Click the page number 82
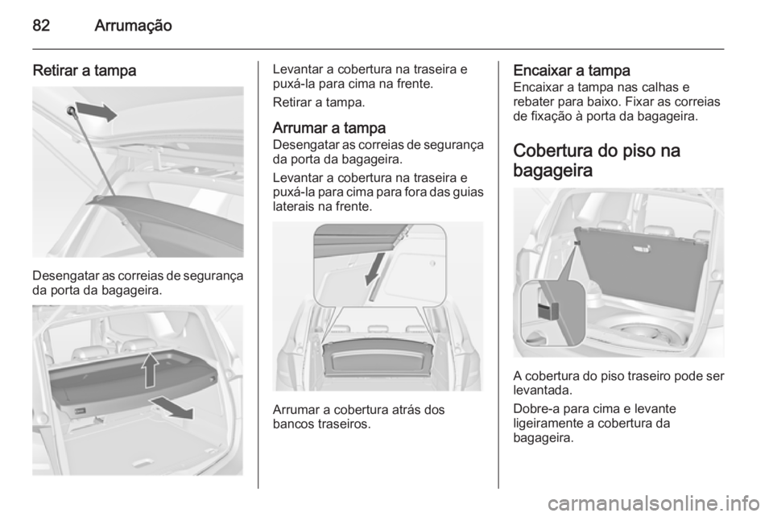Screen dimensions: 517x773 (43, 26)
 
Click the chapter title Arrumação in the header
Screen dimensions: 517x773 (132, 26)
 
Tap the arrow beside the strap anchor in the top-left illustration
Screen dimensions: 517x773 (97, 114)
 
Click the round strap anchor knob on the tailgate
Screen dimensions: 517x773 (72, 110)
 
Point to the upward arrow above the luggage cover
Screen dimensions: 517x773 (149, 373)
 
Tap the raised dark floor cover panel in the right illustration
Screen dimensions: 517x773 (636, 258)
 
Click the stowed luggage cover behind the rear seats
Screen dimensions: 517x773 (378, 355)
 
